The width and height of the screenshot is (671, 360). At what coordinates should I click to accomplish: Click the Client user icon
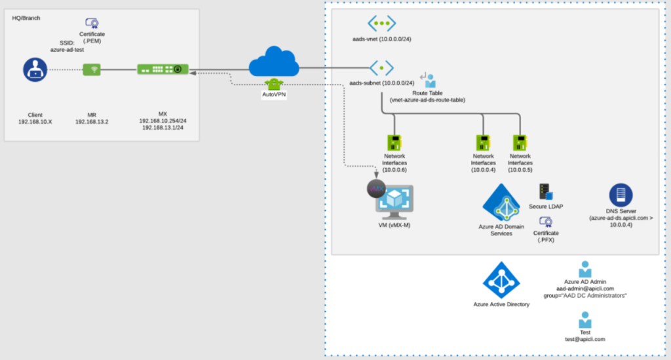pyautogui.click(x=35, y=70)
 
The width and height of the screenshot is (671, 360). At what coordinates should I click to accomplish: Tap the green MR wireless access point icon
pyautogui.click(x=92, y=70)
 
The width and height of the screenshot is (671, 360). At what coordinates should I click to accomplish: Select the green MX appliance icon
pyautogui.click(x=163, y=69)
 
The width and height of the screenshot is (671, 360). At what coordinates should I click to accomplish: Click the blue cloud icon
pyautogui.click(x=274, y=62)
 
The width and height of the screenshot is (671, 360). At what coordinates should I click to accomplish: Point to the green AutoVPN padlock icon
pyautogui.click(x=274, y=85)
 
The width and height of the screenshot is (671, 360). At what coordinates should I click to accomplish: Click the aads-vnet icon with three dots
pyautogui.click(x=382, y=23)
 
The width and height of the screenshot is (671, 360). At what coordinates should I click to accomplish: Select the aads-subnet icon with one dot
pyautogui.click(x=382, y=68)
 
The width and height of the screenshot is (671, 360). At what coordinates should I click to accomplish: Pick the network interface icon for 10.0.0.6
pyautogui.click(x=394, y=143)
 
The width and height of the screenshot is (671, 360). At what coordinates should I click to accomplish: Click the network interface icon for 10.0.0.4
pyautogui.click(x=483, y=143)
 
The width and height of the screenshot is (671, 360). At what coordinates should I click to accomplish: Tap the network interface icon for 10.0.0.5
pyautogui.click(x=520, y=143)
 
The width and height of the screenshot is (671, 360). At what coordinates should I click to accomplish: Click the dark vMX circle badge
pyautogui.click(x=376, y=189)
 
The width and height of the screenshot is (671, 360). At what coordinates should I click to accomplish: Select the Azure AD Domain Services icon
pyautogui.click(x=501, y=203)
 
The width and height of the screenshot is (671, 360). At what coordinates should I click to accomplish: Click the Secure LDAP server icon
pyautogui.click(x=546, y=191)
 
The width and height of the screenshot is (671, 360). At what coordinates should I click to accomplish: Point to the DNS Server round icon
pyautogui.click(x=621, y=195)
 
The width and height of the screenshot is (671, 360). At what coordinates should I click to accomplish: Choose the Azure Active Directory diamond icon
pyautogui.click(x=501, y=281)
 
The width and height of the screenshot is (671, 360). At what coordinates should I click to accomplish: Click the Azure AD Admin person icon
pyautogui.click(x=585, y=270)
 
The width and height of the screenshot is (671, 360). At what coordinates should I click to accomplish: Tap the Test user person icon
pyautogui.click(x=585, y=320)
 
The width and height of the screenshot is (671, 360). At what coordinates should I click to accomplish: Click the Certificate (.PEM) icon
pyautogui.click(x=92, y=23)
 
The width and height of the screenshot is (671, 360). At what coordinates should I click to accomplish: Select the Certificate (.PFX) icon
pyautogui.click(x=546, y=222)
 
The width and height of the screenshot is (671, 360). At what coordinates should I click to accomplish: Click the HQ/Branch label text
pyautogui.click(x=26, y=18)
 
